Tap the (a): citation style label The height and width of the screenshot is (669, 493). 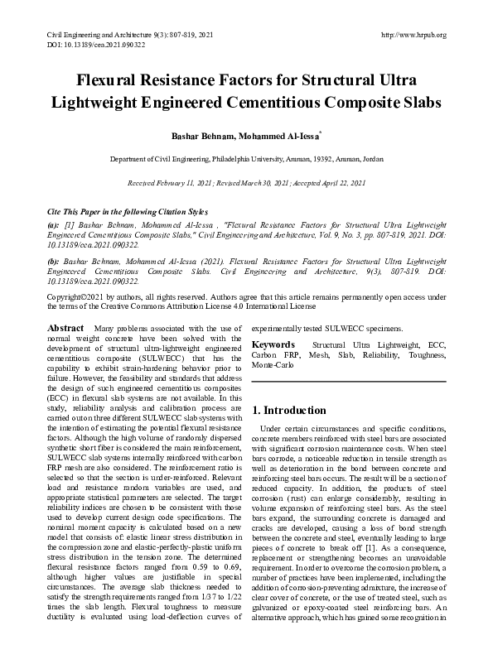[54, 224]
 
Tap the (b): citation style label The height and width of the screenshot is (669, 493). [54, 259]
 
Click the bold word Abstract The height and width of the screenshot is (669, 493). [67, 329]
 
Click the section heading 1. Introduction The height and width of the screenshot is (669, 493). [289, 410]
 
